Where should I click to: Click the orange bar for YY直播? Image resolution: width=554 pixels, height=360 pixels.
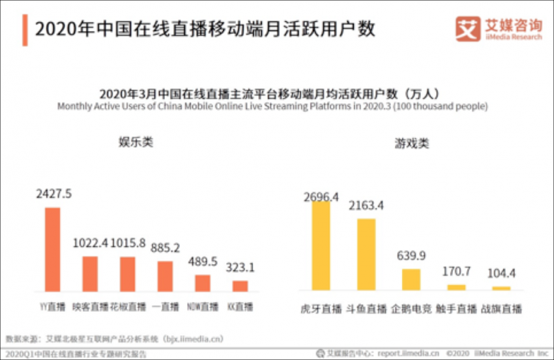point(52,249)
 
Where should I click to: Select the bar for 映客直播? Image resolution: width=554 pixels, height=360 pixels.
point(90,273)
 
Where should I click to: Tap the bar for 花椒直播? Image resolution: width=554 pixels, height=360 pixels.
point(128,273)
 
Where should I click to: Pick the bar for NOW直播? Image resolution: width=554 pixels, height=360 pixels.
point(203,282)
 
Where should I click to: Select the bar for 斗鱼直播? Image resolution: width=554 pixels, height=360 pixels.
point(366,254)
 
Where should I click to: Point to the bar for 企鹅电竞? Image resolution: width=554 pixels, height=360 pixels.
point(411,279)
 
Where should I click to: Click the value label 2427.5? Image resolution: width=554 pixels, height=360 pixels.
point(54,194)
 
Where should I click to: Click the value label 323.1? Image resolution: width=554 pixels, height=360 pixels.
point(241,267)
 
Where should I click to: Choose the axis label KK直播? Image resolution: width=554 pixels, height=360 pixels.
point(241,306)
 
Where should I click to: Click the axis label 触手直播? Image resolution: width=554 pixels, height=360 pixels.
point(456,308)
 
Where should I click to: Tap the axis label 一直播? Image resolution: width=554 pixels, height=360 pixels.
point(165,306)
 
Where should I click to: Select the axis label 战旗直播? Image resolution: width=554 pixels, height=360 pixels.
point(501,308)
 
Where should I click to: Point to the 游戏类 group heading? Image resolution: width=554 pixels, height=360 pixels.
point(411,143)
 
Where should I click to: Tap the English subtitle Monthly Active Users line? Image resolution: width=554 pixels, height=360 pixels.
point(272,106)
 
